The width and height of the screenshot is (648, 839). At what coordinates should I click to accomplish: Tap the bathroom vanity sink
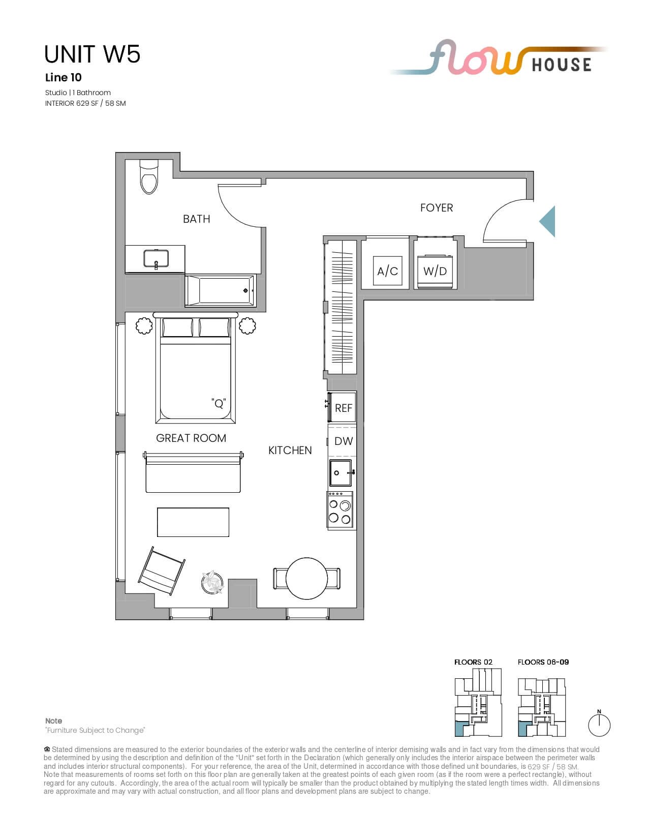(x=156, y=259)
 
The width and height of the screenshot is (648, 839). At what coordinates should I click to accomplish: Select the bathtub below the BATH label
(x=221, y=291)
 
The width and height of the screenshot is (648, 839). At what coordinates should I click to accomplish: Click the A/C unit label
(x=387, y=272)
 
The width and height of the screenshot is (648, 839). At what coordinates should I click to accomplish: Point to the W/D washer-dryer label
(x=435, y=271)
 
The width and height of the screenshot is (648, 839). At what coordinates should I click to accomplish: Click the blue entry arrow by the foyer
(x=547, y=221)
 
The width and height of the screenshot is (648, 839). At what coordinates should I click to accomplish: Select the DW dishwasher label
(x=344, y=441)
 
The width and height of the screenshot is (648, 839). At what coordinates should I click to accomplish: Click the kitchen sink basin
(x=341, y=472)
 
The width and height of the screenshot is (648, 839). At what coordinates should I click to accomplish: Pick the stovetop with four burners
(x=340, y=510)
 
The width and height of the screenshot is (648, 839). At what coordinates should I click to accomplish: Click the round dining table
(x=306, y=578)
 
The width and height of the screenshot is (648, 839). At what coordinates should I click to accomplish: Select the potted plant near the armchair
(x=212, y=582)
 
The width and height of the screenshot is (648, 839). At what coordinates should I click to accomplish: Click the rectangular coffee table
(x=193, y=522)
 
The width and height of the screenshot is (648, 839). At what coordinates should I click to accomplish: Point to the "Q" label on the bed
(x=219, y=403)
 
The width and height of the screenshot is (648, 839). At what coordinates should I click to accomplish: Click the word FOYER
(x=436, y=208)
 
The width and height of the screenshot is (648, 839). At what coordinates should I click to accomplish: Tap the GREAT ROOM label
(x=191, y=438)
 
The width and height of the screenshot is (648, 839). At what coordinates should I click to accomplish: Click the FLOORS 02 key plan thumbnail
(x=478, y=707)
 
